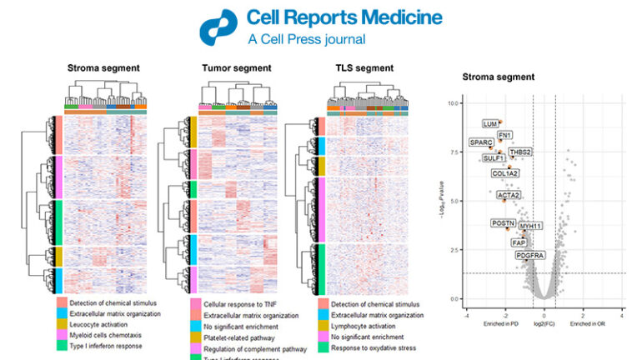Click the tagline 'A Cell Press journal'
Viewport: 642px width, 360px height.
point(306,38)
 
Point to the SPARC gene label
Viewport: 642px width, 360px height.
point(481,142)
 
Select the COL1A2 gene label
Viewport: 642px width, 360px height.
point(504,173)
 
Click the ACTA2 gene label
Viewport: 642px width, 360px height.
point(509,195)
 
